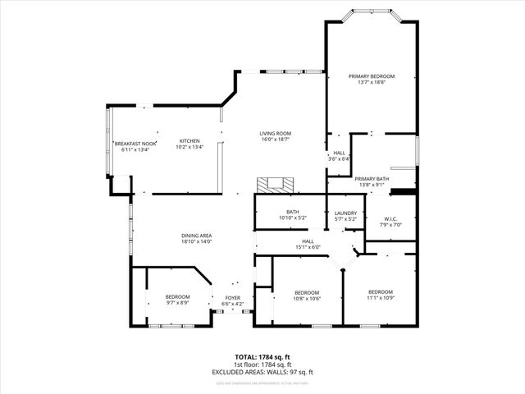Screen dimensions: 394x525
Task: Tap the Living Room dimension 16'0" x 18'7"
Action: click(x=276, y=140)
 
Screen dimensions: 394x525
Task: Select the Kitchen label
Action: click(x=189, y=140)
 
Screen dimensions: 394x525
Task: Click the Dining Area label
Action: click(x=197, y=236)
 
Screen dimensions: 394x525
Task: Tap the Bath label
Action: click(x=292, y=212)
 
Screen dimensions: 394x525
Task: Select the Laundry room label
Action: click(x=345, y=213)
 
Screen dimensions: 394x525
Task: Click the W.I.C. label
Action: click(x=390, y=218)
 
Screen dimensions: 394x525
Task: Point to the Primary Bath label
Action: click(x=372, y=179)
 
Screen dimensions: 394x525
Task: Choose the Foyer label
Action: click(x=233, y=297)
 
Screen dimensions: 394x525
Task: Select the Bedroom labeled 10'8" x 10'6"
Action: click(x=307, y=299)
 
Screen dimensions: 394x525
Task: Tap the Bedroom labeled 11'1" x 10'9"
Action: click(x=380, y=299)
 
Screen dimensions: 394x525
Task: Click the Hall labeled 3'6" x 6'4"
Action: click(x=339, y=158)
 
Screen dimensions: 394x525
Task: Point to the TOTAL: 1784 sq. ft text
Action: click(x=262, y=357)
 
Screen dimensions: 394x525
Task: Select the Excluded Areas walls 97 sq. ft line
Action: click(x=262, y=372)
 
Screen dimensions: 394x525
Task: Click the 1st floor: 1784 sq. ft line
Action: click(x=262, y=364)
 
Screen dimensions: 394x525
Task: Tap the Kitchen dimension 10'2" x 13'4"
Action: click(x=189, y=147)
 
